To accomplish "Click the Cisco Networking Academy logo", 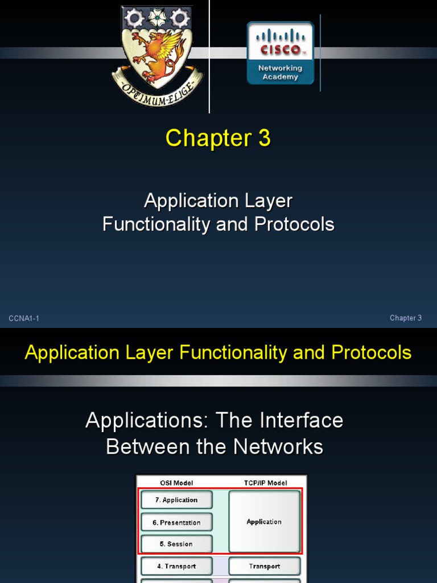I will tap(280, 53).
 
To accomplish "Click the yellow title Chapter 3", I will tap(218, 138).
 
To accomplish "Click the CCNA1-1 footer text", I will tap(24, 318).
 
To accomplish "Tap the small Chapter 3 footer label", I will tap(406, 318).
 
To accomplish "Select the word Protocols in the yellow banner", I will tap(371, 352).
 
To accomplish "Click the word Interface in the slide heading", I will tap(302, 421).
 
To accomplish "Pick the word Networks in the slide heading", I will tap(278, 447).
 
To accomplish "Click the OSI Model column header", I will tap(176, 483).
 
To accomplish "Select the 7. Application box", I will tap(176, 500).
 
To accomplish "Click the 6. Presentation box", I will tap(176, 523).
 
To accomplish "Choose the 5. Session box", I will tap(176, 544).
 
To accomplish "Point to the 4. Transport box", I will tap(176, 566).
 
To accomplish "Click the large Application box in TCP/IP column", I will tap(264, 522).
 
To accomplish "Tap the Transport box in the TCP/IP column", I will tap(264, 566).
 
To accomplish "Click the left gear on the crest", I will tap(134, 18).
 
